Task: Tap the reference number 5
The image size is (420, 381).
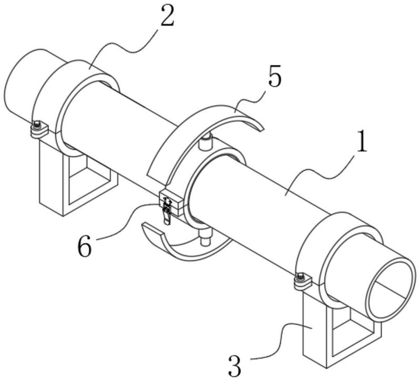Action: pyautogui.click(x=275, y=76)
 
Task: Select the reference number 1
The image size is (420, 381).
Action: pyautogui.click(x=361, y=141)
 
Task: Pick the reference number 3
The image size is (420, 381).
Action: pyautogui.click(x=234, y=365)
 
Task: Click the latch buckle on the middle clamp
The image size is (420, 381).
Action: pyautogui.click(x=167, y=210)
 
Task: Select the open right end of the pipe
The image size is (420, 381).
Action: pyautogui.click(x=391, y=289)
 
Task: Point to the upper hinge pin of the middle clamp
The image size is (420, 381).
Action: pyautogui.click(x=206, y=141)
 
